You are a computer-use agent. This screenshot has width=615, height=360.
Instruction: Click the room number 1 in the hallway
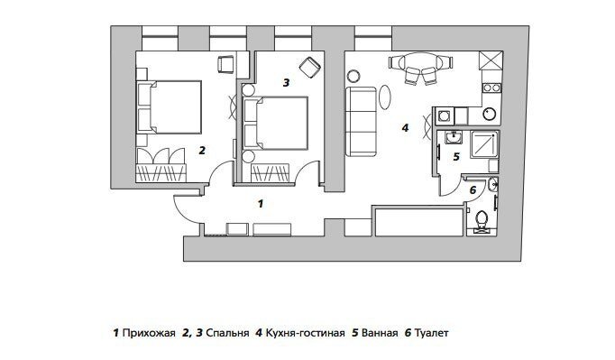(260, 204)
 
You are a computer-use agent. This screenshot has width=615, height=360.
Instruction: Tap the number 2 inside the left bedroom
(202, 151)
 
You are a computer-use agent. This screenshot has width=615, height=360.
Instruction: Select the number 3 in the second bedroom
(286, 82)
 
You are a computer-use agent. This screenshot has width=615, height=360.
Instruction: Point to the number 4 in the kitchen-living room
(405, 128)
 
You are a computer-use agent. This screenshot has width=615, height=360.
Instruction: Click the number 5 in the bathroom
(456, 156)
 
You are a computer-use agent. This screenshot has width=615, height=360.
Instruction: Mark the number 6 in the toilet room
(472, 189)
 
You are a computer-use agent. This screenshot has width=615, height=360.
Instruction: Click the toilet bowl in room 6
(482, 219)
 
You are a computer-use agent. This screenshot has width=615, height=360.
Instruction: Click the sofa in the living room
(363, 122)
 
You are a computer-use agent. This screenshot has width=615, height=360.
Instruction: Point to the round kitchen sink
(488, 114)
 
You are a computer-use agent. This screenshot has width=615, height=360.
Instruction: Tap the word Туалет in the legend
(431, 333)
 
